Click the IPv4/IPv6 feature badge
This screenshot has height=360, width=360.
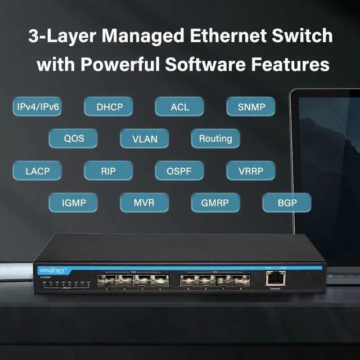click(38, 106)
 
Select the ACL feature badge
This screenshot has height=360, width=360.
click(179, 106)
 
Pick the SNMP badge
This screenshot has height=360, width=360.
click(251, 106)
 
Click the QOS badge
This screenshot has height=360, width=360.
click(73, 138)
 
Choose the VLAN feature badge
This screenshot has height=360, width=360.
click(145, 138)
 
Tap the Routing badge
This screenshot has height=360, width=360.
click(215, 138)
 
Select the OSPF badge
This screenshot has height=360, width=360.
click(179, 170)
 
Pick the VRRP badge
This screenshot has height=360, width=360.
click(251, 170)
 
